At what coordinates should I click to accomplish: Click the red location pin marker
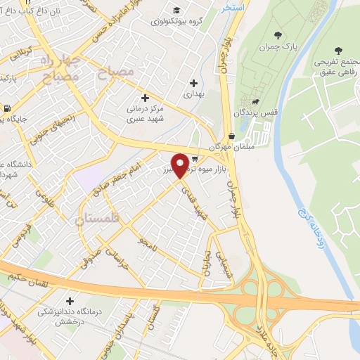pos(180,165)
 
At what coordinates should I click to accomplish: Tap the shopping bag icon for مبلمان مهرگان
pos(232,136)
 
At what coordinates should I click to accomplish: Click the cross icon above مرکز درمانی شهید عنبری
pos(146,98)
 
